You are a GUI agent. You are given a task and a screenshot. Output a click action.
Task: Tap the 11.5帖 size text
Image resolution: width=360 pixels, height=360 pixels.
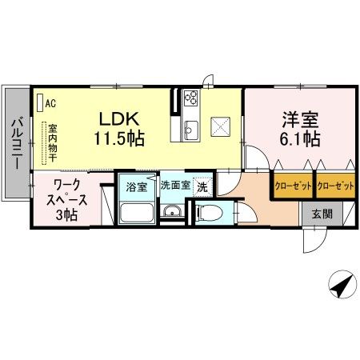tap(121, 138)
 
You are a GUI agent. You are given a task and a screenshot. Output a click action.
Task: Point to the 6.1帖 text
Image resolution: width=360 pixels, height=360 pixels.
tap(300, 139)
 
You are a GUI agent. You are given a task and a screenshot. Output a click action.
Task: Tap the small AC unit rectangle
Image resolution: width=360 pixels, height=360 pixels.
tap(39, 103)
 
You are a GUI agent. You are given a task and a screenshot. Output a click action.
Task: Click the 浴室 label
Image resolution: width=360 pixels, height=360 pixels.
tap(136, 187)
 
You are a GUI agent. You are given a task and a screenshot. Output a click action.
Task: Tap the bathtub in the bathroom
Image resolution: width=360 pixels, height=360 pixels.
tap(137, 214)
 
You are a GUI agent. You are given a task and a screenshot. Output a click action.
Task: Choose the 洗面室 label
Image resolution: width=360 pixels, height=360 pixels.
tap(175, 186)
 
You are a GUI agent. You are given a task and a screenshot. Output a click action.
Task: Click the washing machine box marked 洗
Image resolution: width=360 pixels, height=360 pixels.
tap(203, 186)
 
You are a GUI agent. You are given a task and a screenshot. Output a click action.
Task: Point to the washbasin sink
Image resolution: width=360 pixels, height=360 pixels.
tap(171, 212)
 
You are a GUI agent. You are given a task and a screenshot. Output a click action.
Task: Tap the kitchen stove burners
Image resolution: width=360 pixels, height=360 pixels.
tap(191, 100)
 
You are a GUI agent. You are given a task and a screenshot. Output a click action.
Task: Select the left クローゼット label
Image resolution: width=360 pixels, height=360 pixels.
tap(293, 186)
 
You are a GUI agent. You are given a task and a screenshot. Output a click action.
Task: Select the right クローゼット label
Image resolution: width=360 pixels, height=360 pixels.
tap(335, 186)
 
